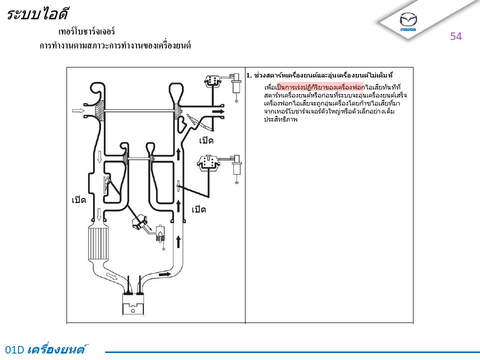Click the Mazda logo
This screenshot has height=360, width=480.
click(x=408, y=21)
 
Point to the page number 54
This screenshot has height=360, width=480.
click(x=456, y=36)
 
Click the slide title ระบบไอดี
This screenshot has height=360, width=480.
click(x=37, y=14)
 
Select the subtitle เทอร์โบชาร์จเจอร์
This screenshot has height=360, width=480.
click(x=86, y=31)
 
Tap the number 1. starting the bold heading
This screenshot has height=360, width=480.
click(x=249, y=75)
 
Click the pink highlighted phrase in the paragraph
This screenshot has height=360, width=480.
click(x=320, y=87)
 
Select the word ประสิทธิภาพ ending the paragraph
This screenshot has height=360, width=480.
click(x=280, y=119)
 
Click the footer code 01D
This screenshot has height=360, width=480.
click(x=14, y=349)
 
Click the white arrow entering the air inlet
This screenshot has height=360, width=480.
click(x=78, y=110)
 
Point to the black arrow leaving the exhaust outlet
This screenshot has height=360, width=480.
click(x=218, y=111)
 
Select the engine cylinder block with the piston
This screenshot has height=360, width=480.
click(x=133, y=304)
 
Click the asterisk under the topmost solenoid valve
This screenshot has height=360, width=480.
click(x=236, y=100)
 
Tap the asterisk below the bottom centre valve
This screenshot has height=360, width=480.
click(x=163, y=249)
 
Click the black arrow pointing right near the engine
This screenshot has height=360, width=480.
click(x=165, y=274)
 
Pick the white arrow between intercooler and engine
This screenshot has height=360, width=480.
click(x=111, y=276)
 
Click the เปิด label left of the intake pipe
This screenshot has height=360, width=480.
click(x=78, y=200)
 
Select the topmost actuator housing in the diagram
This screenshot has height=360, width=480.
click(x=212, y=81)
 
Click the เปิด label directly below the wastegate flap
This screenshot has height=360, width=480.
click(x=206, y=140)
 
